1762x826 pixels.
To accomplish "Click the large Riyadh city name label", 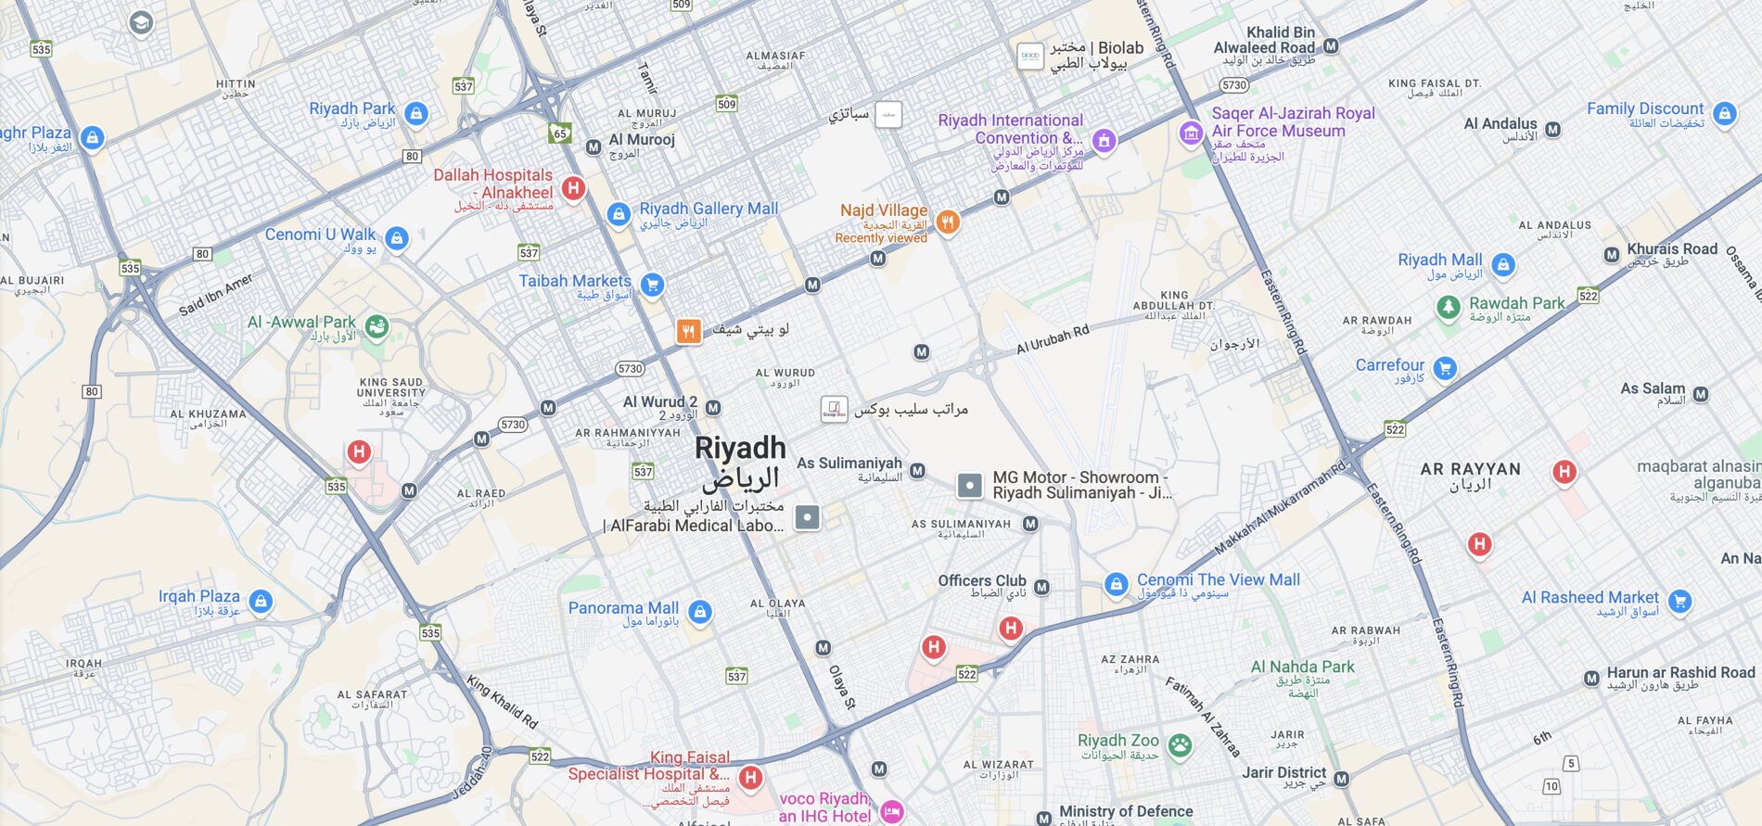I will (x=740, y=450).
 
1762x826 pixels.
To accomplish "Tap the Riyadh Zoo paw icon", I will (x=1179, y=744).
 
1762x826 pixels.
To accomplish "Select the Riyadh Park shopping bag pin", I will (x=416, y=114).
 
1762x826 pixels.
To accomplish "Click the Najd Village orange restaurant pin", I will (x=947, y=222).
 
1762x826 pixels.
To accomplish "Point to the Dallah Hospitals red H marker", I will (x=573, y=188).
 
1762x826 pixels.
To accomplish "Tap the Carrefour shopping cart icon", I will (x=1444, y=368).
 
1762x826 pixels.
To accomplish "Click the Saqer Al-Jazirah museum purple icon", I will (x=1191, y=133).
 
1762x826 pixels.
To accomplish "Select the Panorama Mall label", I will (x=623, y=608).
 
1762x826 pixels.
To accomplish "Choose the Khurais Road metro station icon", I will (x=1612, y=254).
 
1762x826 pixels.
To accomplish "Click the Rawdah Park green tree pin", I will (x=1448, y=306).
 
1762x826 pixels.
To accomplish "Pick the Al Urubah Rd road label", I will (x=1053, y=339).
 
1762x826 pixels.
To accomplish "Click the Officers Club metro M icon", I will (x=1041, y=587).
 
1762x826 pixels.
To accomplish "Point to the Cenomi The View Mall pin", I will (x=1117, y=584).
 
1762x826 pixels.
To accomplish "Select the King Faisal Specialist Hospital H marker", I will (x=750, y=777).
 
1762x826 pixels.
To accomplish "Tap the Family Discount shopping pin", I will (x=1724, y=114).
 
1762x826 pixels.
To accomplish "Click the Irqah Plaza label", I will (x=198, y=597).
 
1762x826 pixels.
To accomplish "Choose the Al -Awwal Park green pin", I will (x=376, y=326).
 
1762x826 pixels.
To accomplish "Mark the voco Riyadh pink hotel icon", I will (x=891, y=811).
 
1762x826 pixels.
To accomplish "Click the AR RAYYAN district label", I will (x=1470, y=470).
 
